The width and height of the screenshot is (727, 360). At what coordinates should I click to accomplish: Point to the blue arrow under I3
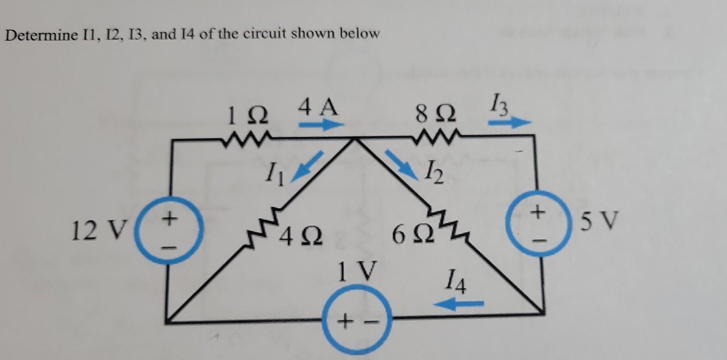point(510,122)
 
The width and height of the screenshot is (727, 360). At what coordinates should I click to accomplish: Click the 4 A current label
point(317,107)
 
